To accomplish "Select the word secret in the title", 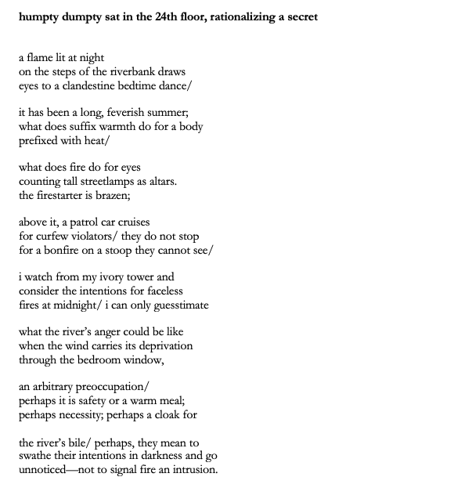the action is pyautogui.click(x=300, y=16).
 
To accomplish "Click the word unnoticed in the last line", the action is pyautogui.click(x=45, y=470).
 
